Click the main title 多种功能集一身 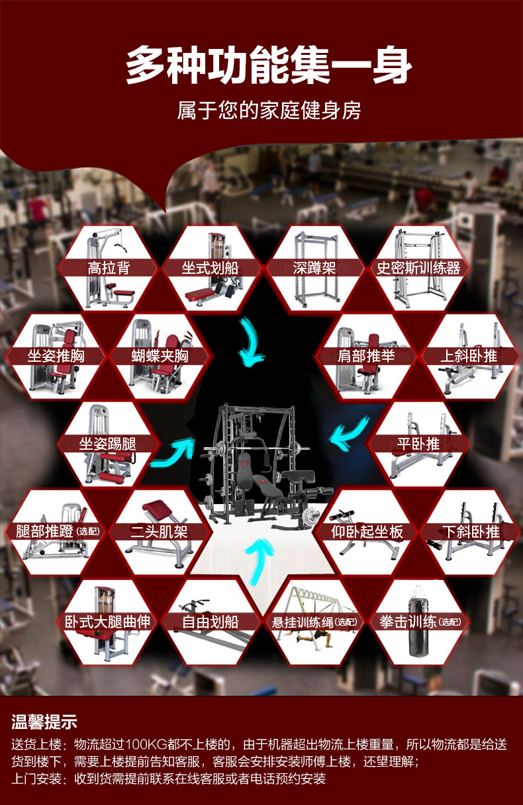[269, 65]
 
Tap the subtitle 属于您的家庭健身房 [269, 110]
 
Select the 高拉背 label [109, 268]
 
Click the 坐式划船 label [210, 268]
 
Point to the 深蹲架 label [314, 268]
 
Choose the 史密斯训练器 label [418, 268]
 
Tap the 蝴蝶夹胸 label [160, 356]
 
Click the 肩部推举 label [366, 356]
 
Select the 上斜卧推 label [469, 356]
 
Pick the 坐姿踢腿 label [107, 444]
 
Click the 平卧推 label [418, 444]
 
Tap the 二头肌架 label [159, 532]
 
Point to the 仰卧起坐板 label [367, 532]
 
